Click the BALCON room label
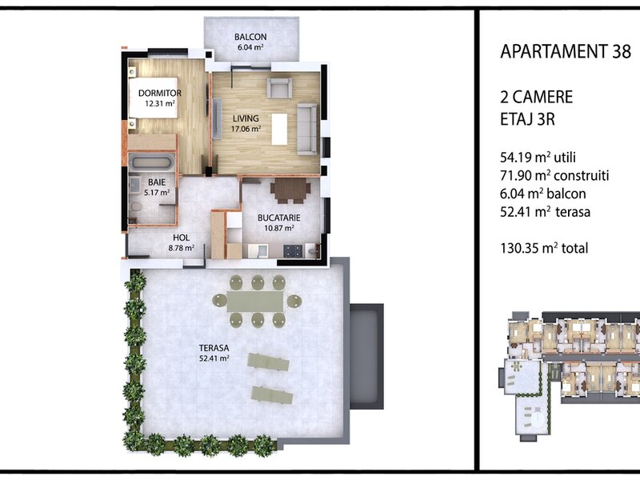(250, 37)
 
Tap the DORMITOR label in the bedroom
(159, 93)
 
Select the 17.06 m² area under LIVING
(246, 129)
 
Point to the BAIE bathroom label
(157, 182)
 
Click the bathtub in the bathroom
(152, 162)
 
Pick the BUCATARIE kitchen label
(279, 218)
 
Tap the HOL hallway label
(182, 238)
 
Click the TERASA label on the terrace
(214, 348)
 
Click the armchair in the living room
(279, 87)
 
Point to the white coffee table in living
(279, 129)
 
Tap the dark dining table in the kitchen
(290, 190)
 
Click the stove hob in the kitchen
(293, 250)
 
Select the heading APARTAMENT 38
(566, 51)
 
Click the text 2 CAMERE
(536, 97)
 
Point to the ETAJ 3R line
(527, 119)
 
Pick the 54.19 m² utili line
(538, 157)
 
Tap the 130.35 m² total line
(544, 248)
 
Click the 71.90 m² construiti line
(554, 175)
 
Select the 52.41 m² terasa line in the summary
(545, 212)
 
